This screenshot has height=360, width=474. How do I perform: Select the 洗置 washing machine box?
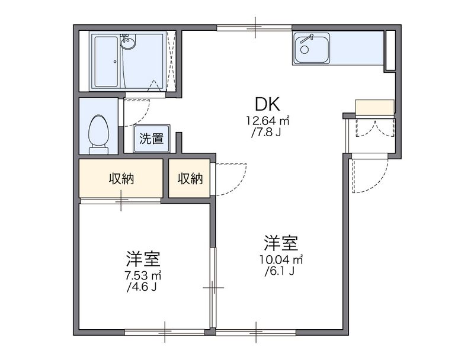click(x=152, y=139)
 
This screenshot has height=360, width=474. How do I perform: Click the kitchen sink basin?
click(x=312, y=49)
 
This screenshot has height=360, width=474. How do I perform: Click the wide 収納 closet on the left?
click(x=121, y=179)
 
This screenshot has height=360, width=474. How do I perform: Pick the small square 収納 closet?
click(x=189, y=179)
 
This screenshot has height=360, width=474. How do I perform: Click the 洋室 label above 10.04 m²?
click(x=281, y=243)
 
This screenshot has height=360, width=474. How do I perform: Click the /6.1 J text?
click(x=281, y=272)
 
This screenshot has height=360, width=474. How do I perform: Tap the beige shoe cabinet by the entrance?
click(x=374, y=107)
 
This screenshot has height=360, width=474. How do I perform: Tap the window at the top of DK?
click(x=254, y=27)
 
